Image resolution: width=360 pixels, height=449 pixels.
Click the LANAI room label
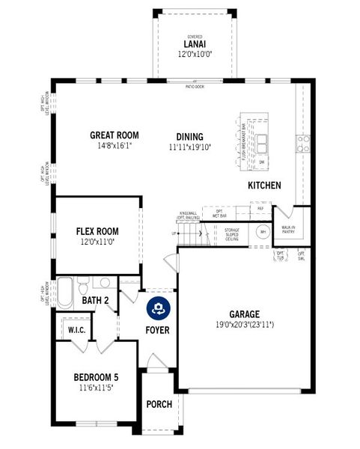click(195, 45)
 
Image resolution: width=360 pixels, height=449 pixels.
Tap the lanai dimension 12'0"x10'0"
click(195, 55)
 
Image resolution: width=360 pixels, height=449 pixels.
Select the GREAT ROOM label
click(115, 135)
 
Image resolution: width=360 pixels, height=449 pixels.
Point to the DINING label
click(189, 136)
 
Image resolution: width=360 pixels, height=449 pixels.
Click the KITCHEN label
click(264, 185)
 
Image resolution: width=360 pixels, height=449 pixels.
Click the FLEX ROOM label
click(97, 231)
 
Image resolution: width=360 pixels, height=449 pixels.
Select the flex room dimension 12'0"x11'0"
click(97, 242)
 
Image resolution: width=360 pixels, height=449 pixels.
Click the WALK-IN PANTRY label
click(288, 230)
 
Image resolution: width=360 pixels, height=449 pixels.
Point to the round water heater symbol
click(263, 233)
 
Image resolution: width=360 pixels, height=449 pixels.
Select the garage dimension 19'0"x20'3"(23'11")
click(245, 326)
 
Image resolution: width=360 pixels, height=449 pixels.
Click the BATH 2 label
click(96, 301)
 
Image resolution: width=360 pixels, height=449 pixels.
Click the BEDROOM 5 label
click(95, 376)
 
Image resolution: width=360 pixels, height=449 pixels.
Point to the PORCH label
click(159, 404)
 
